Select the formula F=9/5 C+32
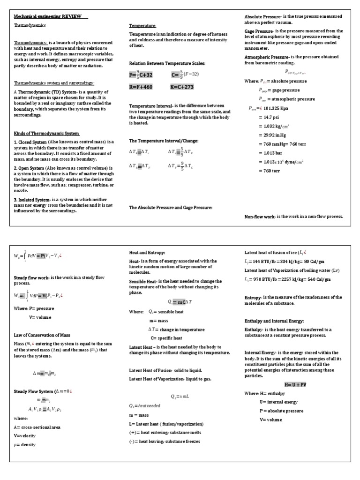141,75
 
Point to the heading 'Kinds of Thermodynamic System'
46,134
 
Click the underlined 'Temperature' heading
142,25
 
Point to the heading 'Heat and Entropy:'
147,253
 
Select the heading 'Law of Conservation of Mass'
42,335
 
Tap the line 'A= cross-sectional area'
37,427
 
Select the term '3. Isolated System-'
32,200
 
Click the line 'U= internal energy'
278,402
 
